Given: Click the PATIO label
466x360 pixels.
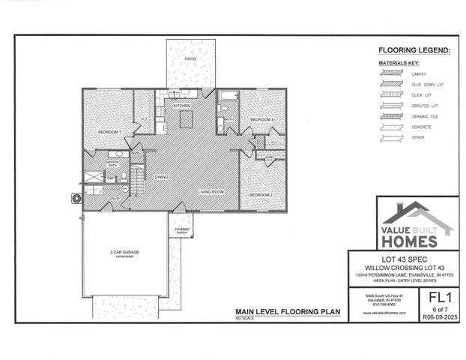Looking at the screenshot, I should point(192,58).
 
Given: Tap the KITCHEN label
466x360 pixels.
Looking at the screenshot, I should point(182,106).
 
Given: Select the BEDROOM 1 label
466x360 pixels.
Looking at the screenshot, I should point(109,132).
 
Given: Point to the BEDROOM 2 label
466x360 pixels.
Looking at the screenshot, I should point(260,194).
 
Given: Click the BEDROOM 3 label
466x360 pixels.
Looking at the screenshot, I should point(261,119).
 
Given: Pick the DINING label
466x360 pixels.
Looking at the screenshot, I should point(161,177).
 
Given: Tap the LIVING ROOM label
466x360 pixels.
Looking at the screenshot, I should point(211,192).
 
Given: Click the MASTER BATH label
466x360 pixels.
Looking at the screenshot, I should point(112,163).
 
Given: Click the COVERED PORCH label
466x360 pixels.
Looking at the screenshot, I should point(182,230).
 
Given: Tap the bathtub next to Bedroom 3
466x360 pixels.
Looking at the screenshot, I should point(228,96).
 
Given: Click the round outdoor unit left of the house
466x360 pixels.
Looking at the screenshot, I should point(76,198).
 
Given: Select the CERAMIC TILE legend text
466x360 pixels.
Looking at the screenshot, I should point(422,116).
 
